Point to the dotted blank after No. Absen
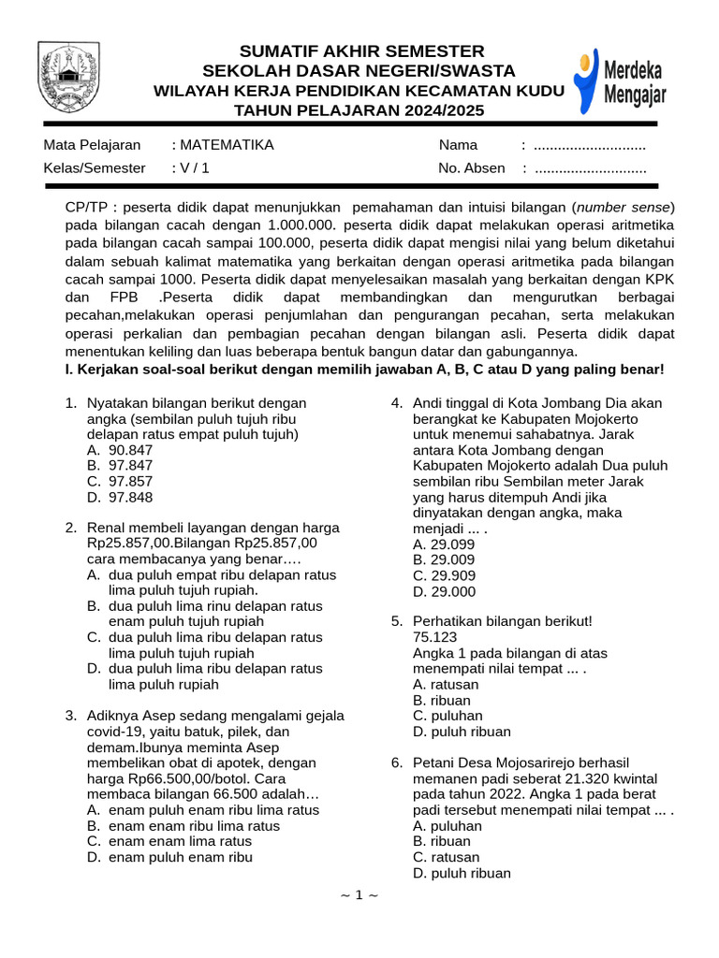pos(590,168)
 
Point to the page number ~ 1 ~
pos(359,895)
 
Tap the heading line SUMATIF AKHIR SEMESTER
pos(362,51)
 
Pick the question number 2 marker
pos(70,528)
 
